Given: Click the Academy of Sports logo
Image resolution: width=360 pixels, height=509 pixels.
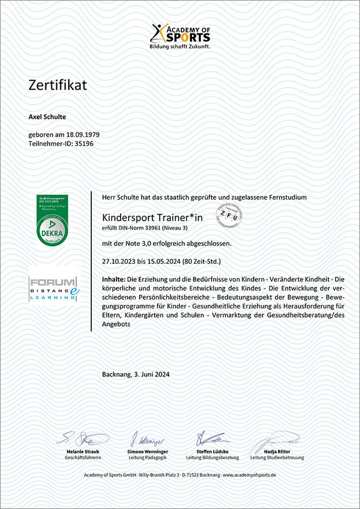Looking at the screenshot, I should point(180,36).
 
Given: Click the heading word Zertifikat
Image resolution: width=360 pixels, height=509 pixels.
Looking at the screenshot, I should point(58,85).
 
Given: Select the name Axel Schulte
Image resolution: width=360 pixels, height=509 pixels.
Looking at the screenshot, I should point(47,117).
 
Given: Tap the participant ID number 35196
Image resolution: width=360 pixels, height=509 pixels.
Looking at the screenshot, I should point(84,144).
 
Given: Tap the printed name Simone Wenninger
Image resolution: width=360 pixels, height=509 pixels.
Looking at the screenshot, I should point(148,451).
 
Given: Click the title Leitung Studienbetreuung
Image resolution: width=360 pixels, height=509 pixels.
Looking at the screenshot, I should point(277,458).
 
